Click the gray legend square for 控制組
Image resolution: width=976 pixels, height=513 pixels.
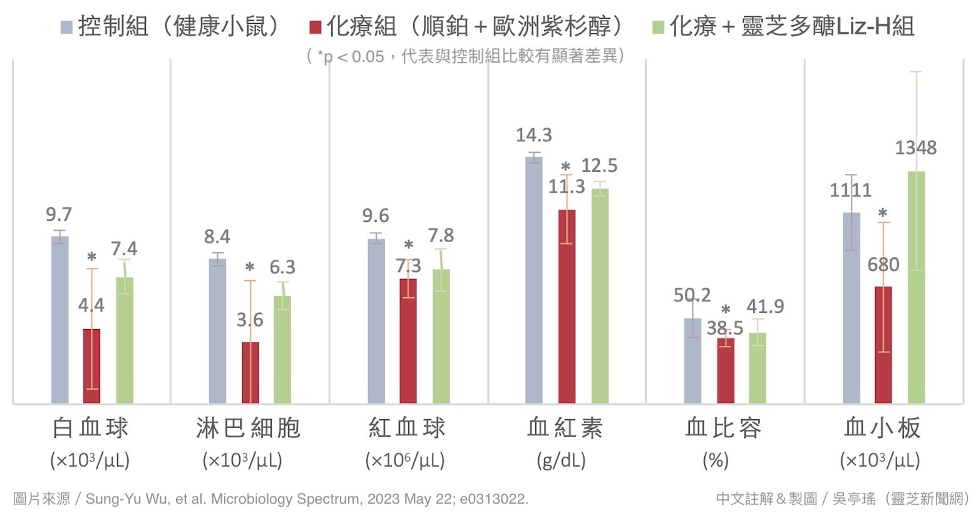66,28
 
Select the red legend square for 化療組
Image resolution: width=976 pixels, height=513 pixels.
315,28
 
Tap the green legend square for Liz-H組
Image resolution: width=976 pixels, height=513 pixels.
658,28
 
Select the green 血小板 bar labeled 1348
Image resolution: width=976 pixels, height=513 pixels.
916,287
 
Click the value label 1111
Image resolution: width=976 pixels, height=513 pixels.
850,190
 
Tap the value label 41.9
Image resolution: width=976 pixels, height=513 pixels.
765,306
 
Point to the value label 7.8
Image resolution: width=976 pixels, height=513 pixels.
441,235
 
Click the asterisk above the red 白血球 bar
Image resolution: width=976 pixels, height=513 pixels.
91,257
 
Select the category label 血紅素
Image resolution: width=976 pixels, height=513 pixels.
565,428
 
